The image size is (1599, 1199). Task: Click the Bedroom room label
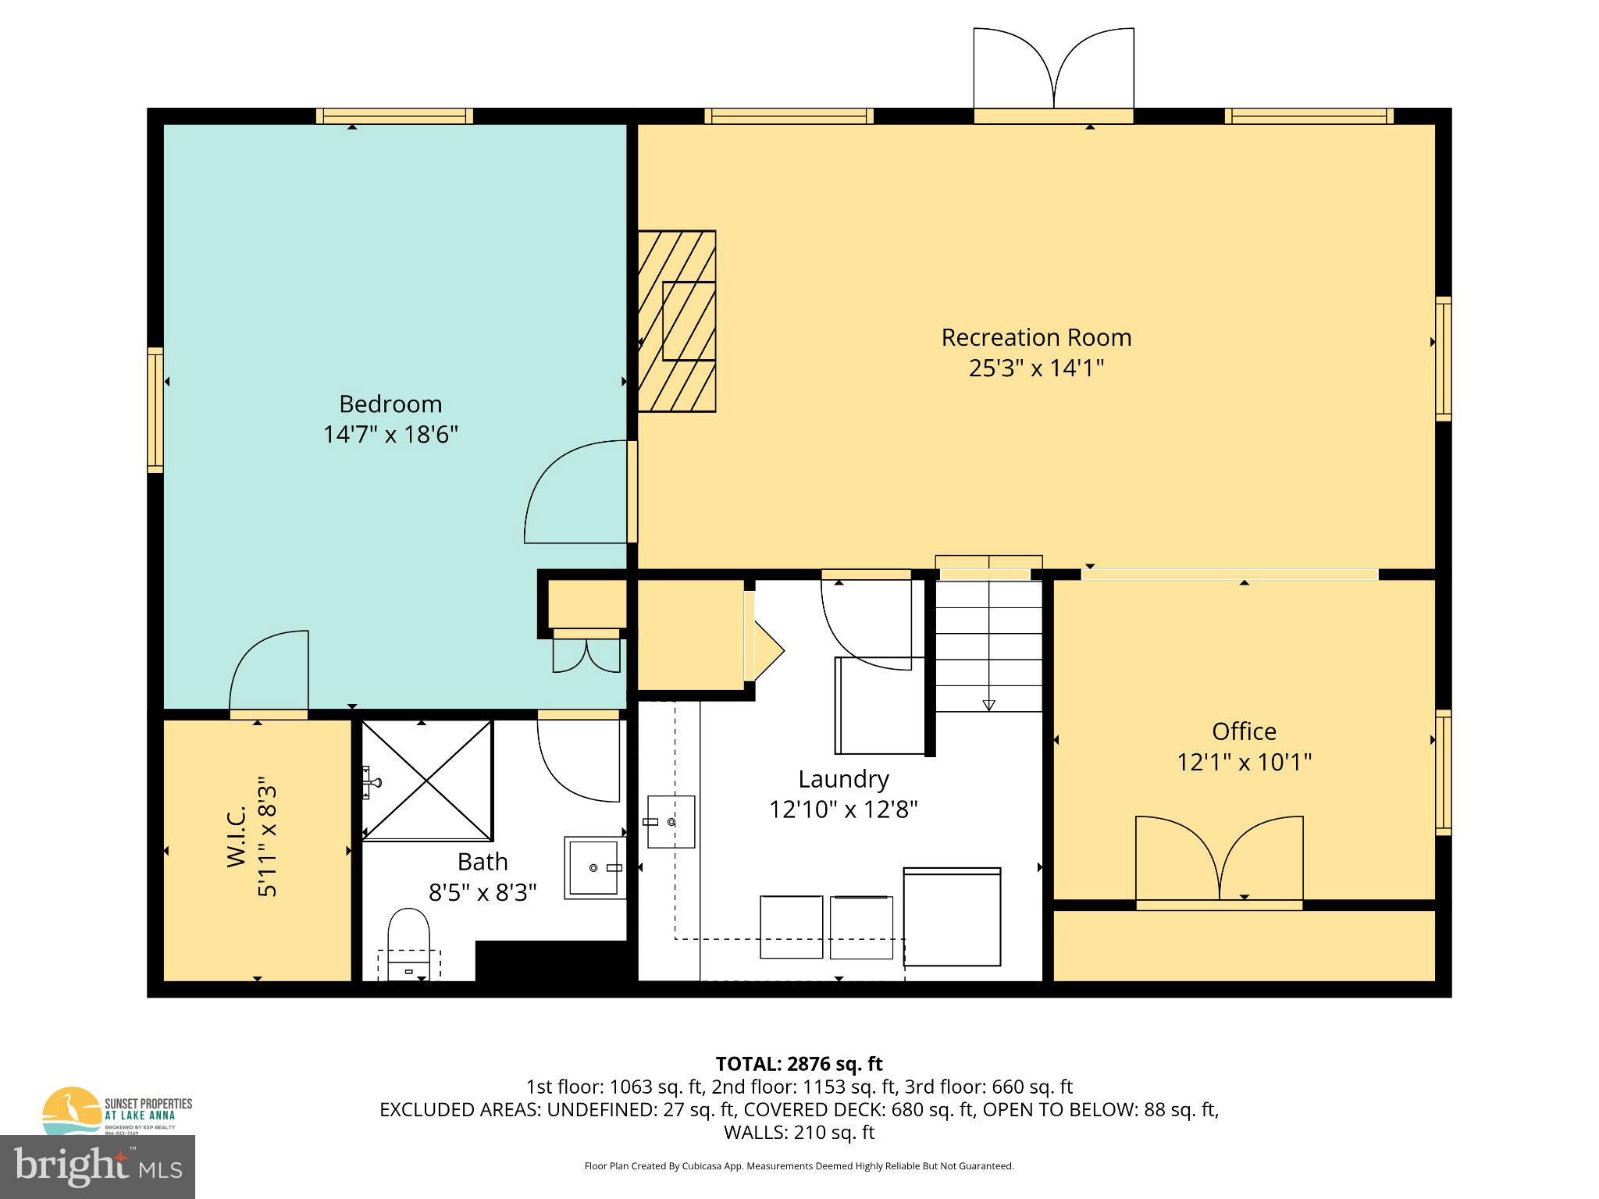(x=390, y=404)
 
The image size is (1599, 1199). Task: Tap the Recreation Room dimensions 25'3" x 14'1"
(x=1036, y=368)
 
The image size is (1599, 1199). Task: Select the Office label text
(x=1244, y=731)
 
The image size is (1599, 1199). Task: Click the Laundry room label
(x=843, y=779)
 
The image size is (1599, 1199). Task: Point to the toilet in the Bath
(x=409, y=941)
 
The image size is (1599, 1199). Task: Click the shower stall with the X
(x=427, y=781)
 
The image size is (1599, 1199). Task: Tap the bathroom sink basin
(x=593, y=867)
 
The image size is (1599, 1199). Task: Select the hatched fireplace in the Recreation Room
(x=677, y=321)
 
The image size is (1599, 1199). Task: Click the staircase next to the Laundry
(x=988, y=644)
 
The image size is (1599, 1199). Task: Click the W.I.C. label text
(x=237, y=836)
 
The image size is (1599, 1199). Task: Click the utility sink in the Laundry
(x=671, y=821)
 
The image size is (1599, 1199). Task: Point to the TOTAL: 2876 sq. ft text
(x=799, y=1064)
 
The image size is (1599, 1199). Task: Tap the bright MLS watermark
(x=98, y=1166)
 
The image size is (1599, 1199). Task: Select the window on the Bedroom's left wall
(x=155, y=410)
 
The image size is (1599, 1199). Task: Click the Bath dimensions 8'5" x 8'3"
(x=483, y=892)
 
